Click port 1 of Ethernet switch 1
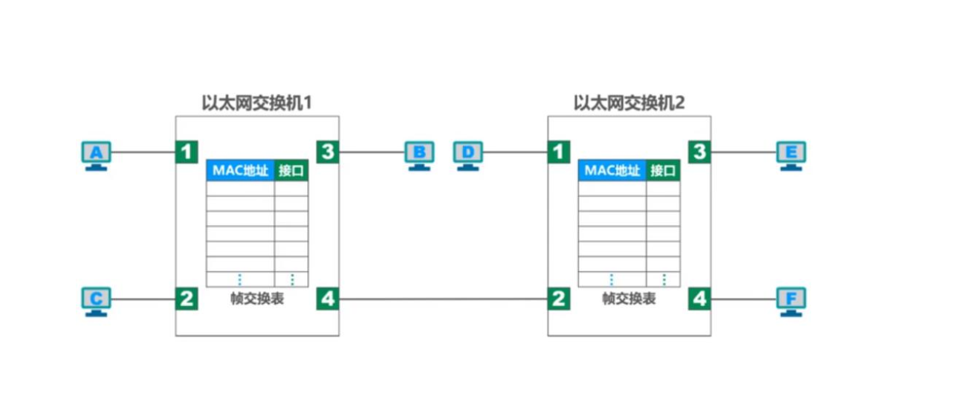tap(187, 152)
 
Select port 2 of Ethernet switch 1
tap(187, 299)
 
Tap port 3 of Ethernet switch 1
tap(328, 152)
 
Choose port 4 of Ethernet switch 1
tap(328, 299)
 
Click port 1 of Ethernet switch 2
tap(559, 152)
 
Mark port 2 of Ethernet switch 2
tap(559, 299)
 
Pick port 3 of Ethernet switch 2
tap(699, 152)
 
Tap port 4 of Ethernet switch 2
tap(699, 299)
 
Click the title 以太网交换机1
tap(256, 102)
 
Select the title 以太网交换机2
tap(629, 102)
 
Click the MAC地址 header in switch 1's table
tap(240, 170)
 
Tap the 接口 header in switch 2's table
tap(663, 170)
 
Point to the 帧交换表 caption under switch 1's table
tap(257, 299)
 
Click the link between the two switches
tap(443, 299)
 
